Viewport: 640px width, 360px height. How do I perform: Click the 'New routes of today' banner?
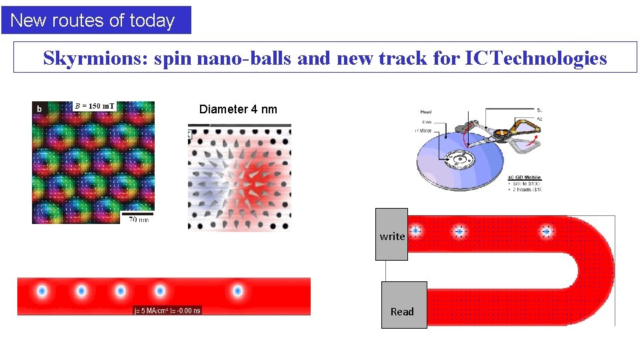click(x=95, y=20)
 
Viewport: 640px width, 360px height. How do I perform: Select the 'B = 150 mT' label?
click(x=94, y=106)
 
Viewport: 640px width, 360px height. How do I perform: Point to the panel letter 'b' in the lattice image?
click(x=39, y=108)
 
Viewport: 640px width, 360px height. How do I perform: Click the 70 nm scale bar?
click(x=138, y=214)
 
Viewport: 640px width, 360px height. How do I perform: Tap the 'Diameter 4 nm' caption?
click(x=238, y=109)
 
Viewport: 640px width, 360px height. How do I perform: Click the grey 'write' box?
click(x=391, y=235)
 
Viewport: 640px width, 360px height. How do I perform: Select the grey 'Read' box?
click(x=403, y=305)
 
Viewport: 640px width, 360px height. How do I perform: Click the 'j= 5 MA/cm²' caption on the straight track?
click(x=167, y=310)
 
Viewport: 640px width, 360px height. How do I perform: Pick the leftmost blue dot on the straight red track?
click(x=41, y=291)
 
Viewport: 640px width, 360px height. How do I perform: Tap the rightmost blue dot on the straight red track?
click(x=237, y=291)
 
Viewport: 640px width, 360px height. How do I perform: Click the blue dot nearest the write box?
click(x=415, y=231)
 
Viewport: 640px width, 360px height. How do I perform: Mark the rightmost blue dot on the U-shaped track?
click(x=547, y=231)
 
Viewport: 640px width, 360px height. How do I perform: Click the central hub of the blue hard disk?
click(x=458, y=160)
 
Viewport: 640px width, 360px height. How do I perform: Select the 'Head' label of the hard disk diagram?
click(x=426, y=113)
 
